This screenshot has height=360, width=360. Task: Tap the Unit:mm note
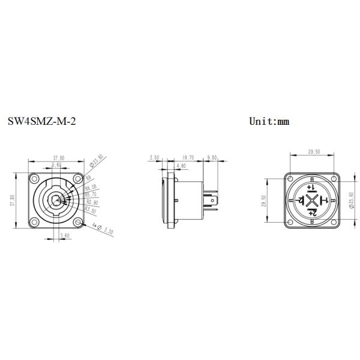[269, 121]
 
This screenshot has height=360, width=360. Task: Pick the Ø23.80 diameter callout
[97, 161]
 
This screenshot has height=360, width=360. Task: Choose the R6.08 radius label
[91, 188]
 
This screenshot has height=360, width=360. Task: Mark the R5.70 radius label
[91, 194]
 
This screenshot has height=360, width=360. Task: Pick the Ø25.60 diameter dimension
[352, 201]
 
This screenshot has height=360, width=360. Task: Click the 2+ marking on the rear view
[312, 214]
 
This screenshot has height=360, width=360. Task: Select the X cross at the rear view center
[312, 200]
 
